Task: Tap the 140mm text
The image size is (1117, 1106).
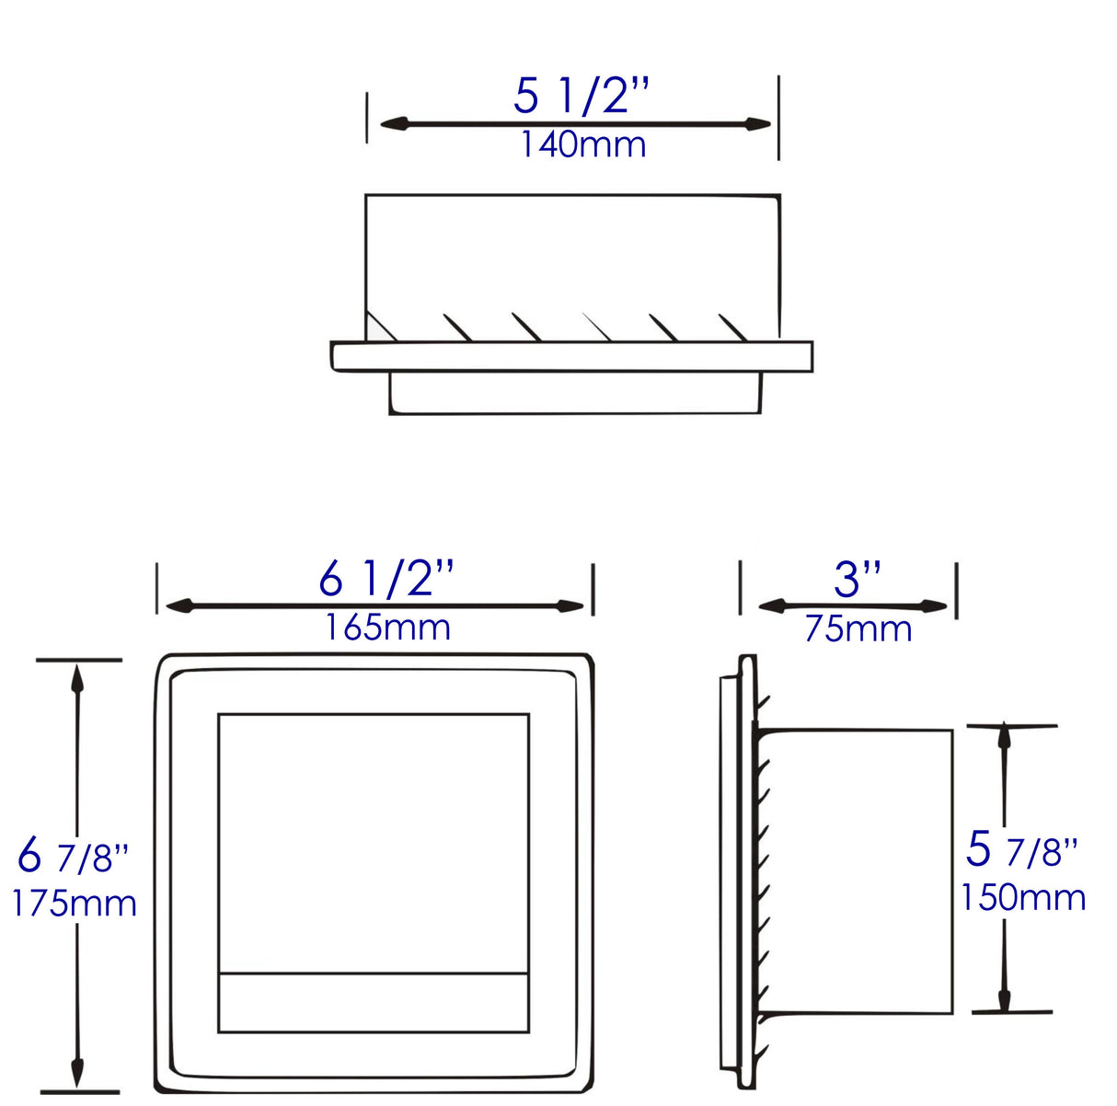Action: [x=583, y=144]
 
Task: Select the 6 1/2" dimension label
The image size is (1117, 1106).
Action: [x=386, y=579]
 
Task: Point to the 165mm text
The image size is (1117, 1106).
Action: [x=387, y=628]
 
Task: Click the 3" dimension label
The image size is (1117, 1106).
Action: [x=858, y=580]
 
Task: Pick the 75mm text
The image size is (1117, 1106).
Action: [x=858, y=629]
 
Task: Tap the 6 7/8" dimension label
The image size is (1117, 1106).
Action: [x=73, y=857]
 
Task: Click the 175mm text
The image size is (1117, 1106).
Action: [x=74, y=904]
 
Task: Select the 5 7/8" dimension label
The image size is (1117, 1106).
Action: [x=1021, y=849]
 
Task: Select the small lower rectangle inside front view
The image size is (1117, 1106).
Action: [x=373, y=1002]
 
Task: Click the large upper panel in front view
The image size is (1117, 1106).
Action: [x=373, y=842]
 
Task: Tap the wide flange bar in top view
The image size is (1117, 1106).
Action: [x=571, y=357]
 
